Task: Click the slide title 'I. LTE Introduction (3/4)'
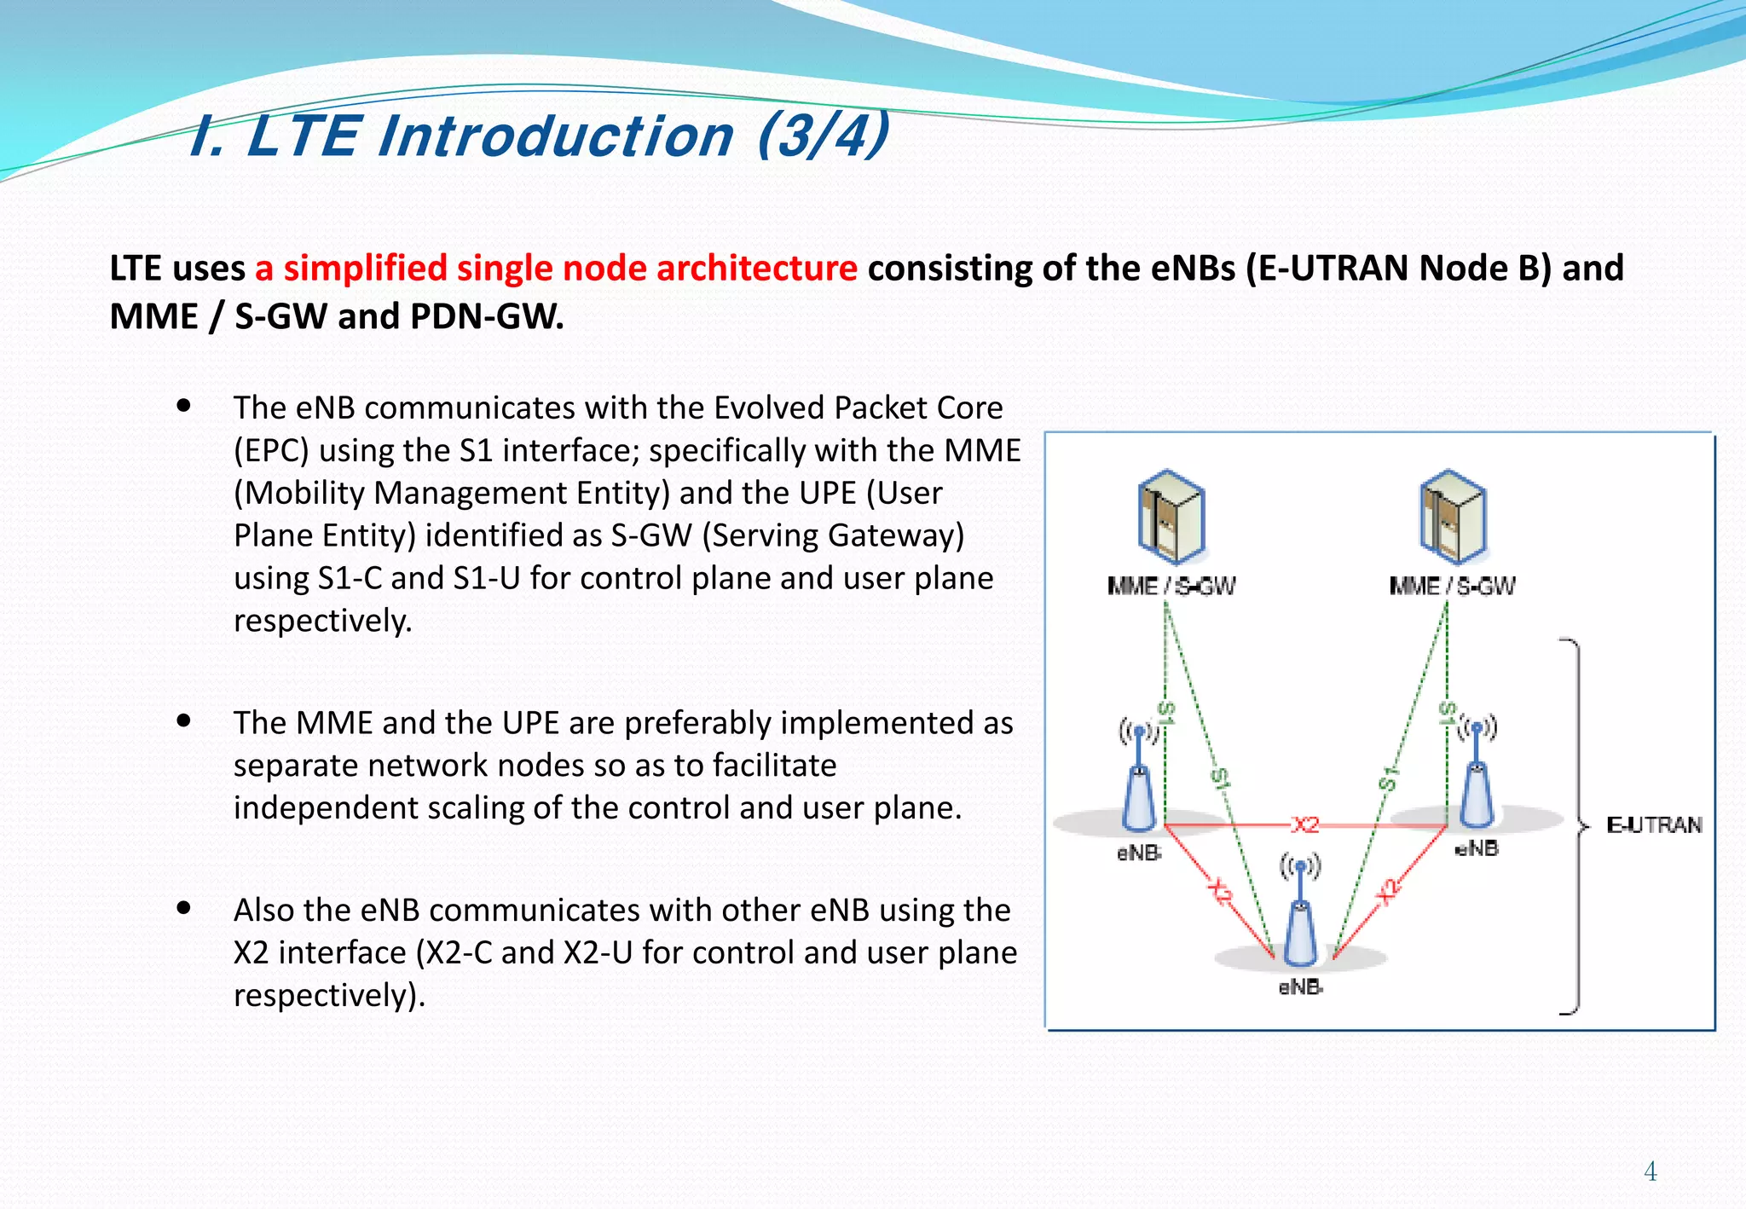click(539, 136)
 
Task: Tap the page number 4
click(1650, 1171)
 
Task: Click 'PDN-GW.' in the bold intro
click(487, 316)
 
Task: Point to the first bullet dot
click(183, 406)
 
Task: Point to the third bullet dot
click(183, 908)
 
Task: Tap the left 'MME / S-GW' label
click(1171, 586)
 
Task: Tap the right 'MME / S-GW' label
click(1452, 586)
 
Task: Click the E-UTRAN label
click(1653, 824)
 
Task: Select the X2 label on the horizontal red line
click(1305, 824)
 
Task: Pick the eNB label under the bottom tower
click(1300, 987)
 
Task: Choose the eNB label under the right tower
click(1477, 848)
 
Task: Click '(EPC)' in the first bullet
click(271, 450)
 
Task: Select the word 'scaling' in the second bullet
click(477, 807)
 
